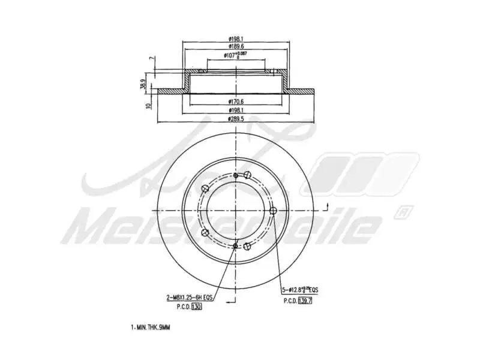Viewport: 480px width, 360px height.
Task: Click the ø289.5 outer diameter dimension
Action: click(x=235, y=119)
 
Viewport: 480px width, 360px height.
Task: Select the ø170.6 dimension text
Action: click(x=235, y=101)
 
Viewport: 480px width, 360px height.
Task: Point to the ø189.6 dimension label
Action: click(x=235, y=47)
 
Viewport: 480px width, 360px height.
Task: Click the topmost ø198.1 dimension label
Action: click(x=235, y=38)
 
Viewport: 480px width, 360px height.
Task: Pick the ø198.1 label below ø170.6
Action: click(x=235, y=110)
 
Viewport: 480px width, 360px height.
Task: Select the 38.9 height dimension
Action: click(x=143, y=84)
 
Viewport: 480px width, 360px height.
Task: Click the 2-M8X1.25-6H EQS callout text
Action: click(x=190, y=297)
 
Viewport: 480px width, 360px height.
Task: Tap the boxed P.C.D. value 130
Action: click(x=196, y=306)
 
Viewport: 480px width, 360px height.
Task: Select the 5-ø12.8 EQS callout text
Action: click(x=300, y=290)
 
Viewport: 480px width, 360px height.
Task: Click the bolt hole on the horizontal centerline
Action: click(x=273, y=210)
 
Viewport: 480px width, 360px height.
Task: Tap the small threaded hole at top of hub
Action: click(x=236, y=176)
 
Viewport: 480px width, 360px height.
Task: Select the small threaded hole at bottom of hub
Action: click(x=236, y=245)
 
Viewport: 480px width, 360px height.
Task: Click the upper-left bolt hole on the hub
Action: click(x=205, y=188)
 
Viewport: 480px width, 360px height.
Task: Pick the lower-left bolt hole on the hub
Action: click(x=205, y=233)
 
